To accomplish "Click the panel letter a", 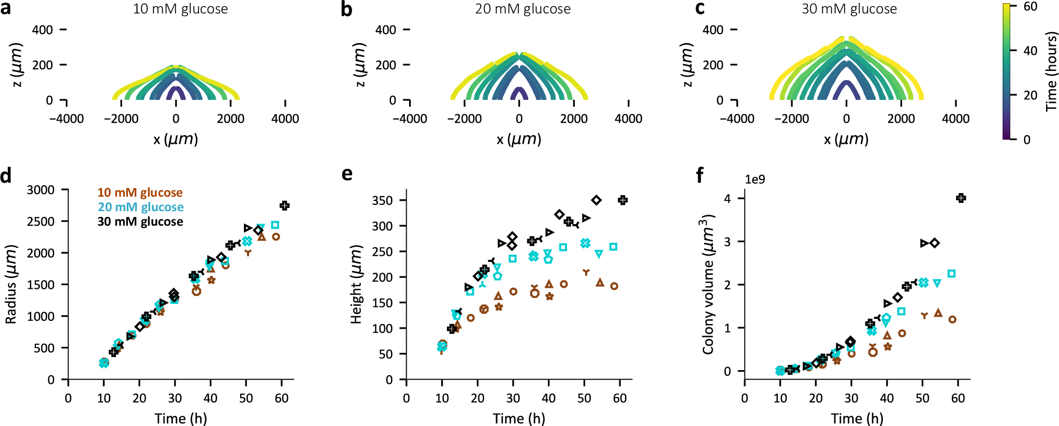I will point(6,9).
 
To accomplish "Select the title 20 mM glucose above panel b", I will point(523,9).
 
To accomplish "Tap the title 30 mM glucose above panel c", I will point(849,9).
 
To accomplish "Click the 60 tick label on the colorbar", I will point(1030,7).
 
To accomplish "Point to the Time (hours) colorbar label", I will point(1051,71).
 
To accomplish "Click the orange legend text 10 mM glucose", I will point(140,193).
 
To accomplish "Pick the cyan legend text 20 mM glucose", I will point(140,207).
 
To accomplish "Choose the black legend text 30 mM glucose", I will point(140,222).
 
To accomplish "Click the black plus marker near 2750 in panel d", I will point(284,205).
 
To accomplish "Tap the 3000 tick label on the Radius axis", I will point(41,190).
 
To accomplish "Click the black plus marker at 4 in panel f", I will point(961,198).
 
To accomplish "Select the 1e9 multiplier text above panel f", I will point(755,180).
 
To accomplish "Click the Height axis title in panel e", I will point(356,284).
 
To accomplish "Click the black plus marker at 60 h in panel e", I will point(623,200).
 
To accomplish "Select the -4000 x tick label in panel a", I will point(66,119).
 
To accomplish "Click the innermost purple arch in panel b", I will point(519,92).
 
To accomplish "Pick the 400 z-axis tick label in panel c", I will point(713,30).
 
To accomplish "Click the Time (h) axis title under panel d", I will point(181,418).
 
